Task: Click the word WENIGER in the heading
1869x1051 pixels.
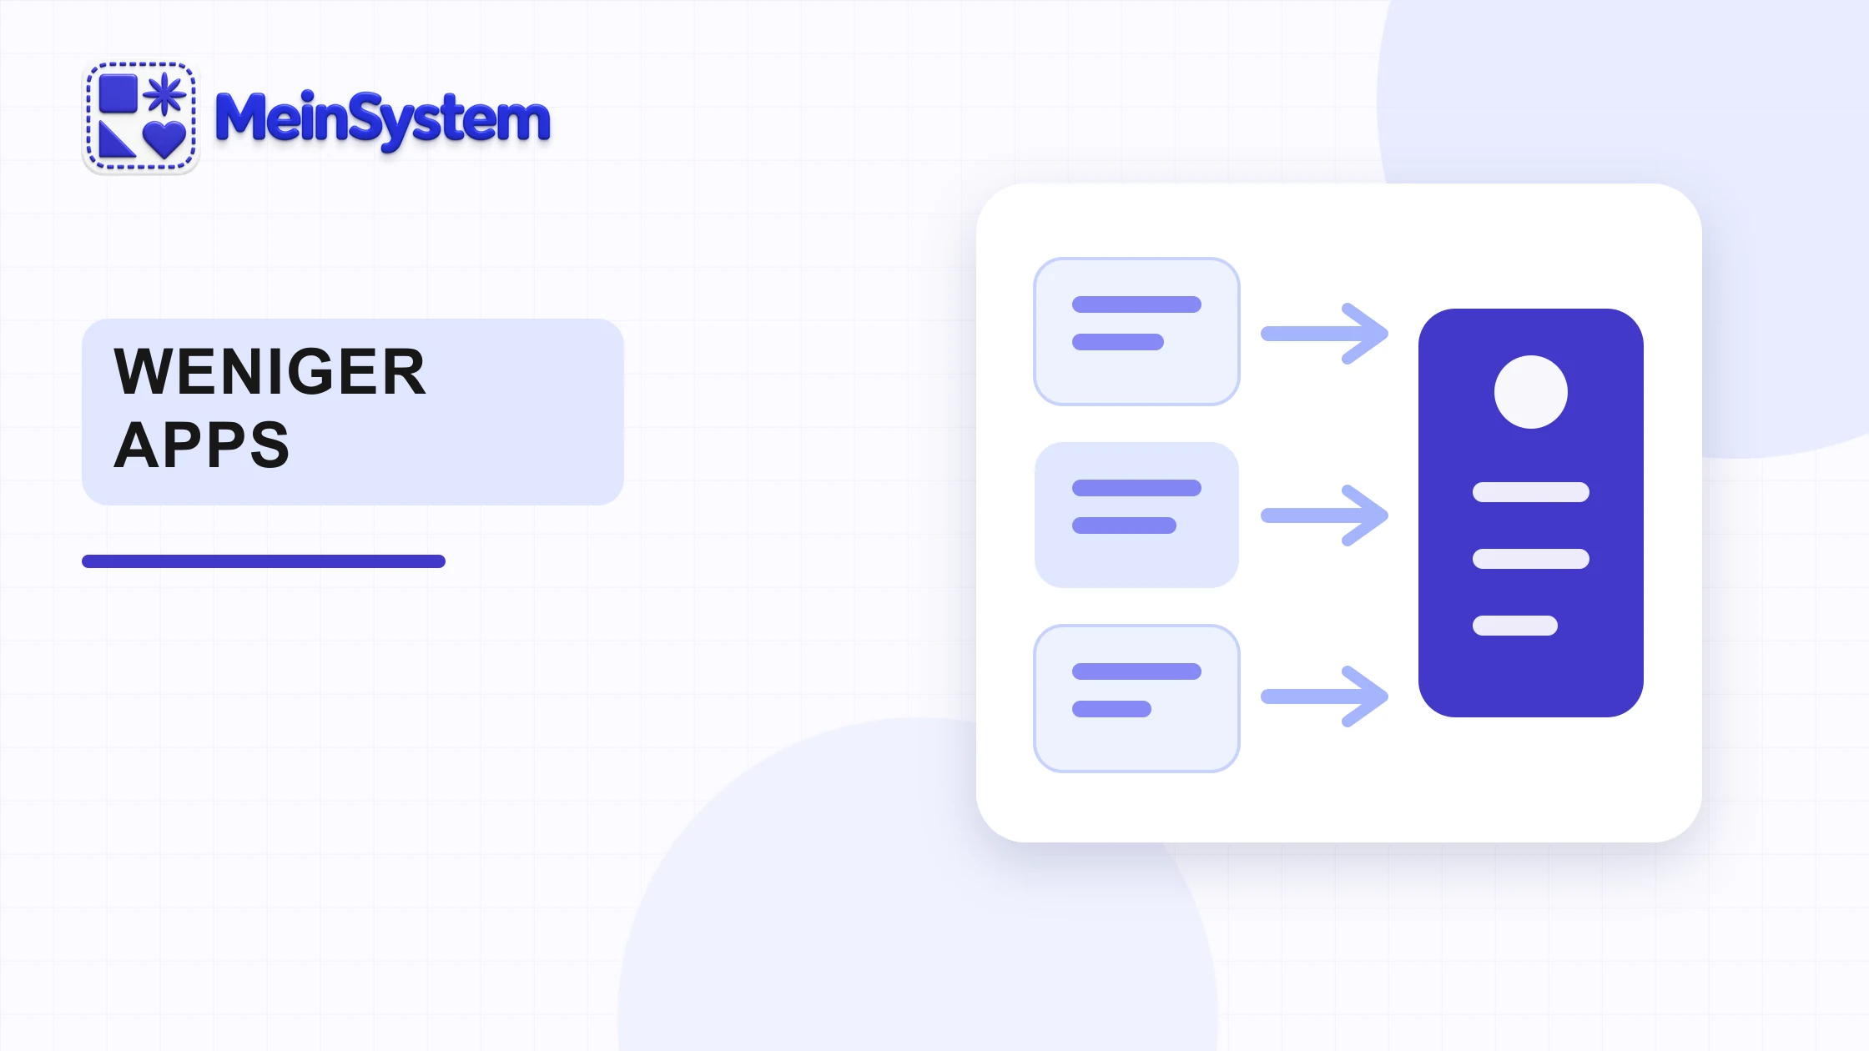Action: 270,372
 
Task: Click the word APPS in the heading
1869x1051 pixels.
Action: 202,445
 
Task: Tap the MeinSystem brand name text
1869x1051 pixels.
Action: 383,120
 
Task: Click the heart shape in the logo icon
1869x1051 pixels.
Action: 164,138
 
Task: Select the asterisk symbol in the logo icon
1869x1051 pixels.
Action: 164,93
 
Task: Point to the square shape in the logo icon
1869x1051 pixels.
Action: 118,93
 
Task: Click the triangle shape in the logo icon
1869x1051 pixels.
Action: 115,139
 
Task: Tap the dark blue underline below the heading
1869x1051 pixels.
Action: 264,561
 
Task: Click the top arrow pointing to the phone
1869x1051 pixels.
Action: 1324,334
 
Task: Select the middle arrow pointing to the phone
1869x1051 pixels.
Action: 1324,515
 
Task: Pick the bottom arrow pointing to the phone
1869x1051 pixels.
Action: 1324,696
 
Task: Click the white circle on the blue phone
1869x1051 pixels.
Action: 1531,392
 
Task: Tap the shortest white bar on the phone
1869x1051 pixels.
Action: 1515,626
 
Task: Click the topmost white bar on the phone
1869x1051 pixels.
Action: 1531,492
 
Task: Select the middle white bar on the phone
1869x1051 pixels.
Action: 1531,559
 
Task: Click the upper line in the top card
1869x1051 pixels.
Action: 1136,304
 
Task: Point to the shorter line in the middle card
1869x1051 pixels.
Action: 1124,525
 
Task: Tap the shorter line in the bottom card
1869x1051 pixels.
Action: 1111,709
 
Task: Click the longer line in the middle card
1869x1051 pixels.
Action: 1136,488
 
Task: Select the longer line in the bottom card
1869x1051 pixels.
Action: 1136,671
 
